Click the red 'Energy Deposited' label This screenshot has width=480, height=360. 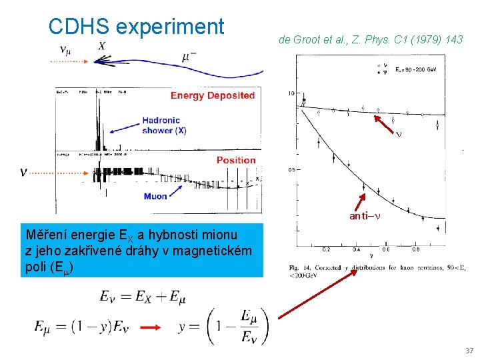coord(213,95)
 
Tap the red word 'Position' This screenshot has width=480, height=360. coord(236,160)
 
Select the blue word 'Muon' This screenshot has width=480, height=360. coord(155,196)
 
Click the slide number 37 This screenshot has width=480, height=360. coord(469,351)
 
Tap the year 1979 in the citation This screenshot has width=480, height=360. coord(417,40)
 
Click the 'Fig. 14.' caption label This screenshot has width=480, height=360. coord(301,267)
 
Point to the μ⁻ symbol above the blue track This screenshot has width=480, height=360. coord(189,57)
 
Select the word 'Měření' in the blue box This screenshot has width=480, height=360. coord(45,234)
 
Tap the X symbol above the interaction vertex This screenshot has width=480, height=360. coord(101,45)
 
